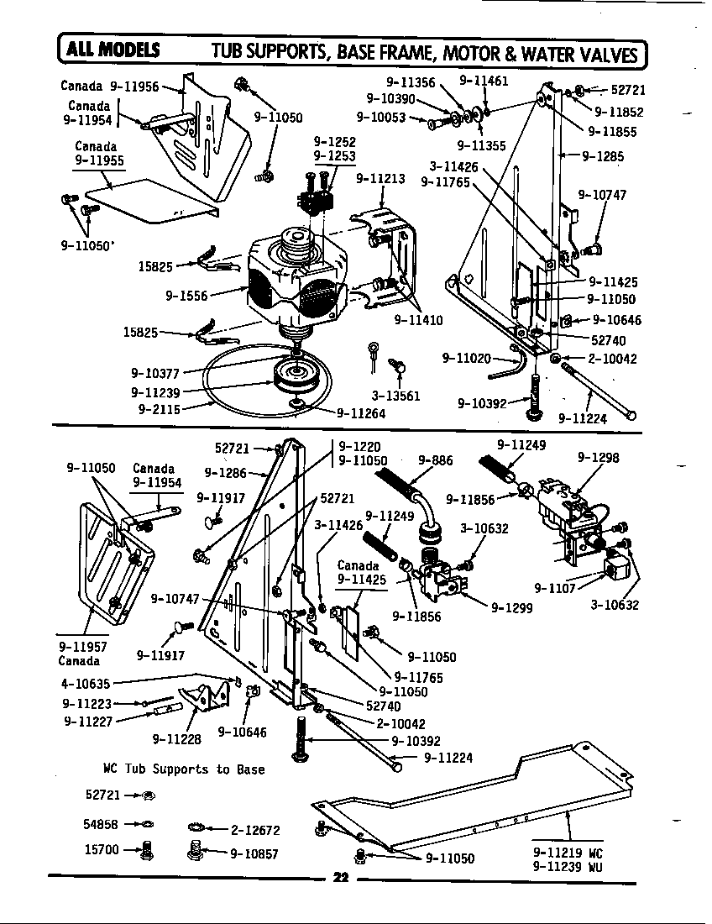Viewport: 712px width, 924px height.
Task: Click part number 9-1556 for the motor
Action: [186, 295]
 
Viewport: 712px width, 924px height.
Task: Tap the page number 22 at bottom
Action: [340, 879]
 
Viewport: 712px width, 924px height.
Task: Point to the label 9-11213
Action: [380, 178]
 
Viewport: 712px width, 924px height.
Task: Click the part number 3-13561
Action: [395, 396]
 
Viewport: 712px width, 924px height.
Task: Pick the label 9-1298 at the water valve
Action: [598, 458]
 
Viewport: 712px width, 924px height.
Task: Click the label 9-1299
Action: [513, 606]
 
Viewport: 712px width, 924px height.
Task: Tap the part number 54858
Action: [101, 824]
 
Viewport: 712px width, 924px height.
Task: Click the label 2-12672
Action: [254, 831]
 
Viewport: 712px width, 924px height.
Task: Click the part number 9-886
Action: [435, 460]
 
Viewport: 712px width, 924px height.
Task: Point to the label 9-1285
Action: [602, 155]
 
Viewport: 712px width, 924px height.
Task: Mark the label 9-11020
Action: [466, 359]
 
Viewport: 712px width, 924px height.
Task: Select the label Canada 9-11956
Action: [109, 87]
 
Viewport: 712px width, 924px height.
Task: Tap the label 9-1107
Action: [555, 587]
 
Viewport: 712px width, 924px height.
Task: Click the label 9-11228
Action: [177, 739]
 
